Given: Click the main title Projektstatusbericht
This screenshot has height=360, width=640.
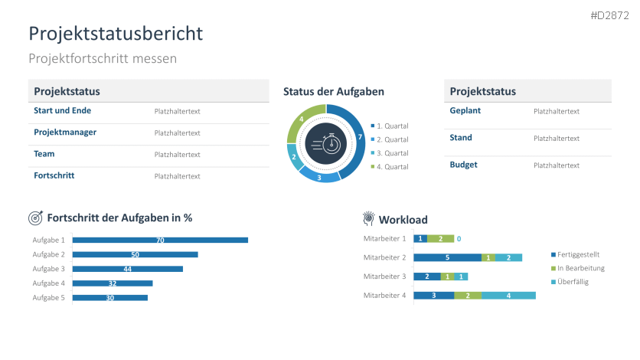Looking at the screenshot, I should [x=116, y=34].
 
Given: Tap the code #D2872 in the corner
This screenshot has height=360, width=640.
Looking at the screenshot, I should [x=611, y=15].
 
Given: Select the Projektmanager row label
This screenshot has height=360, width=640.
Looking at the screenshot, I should [x=65, y=133].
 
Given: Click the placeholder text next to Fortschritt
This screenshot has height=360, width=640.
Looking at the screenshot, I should [x=177, y=176].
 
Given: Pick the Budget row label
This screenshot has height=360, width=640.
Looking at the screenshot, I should [x=463, y=165].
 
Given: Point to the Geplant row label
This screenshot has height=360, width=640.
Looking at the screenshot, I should [x=465, y=110].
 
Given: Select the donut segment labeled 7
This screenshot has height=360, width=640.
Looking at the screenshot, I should [x=355, y=136].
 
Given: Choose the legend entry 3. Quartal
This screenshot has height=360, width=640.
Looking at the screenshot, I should [x=392, y=153].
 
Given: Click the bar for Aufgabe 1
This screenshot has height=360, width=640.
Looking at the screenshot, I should [x=160, y=240].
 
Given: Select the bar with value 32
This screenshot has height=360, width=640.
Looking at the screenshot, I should [x=113, y=283].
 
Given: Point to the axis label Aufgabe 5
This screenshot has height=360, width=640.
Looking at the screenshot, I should [x=48, y=297].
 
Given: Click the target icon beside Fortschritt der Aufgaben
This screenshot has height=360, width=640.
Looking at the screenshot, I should [x=35, y=218].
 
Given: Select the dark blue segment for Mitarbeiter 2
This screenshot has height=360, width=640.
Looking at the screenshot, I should [x=447, y=257].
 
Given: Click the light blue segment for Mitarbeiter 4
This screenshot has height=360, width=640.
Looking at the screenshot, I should [x=508, y=295].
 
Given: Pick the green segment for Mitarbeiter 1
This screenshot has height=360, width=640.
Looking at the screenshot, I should [x=440, y=239].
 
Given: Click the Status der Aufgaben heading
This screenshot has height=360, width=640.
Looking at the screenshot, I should [x=333, y=91].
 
